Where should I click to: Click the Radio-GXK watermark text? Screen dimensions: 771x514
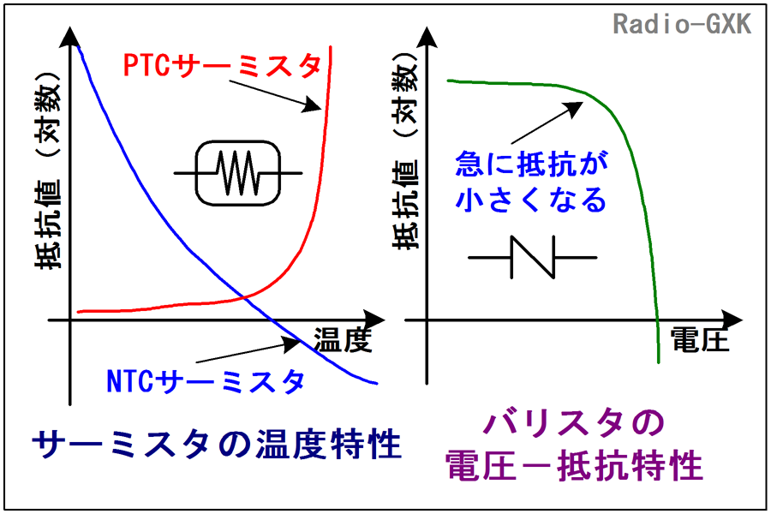(683, 24)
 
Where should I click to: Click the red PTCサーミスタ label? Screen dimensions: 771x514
(222, 65)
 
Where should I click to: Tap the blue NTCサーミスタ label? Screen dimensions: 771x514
(206, 381)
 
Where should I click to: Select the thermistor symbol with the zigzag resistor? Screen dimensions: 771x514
(238, 173)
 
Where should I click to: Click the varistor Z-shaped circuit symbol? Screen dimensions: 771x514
(533, 257)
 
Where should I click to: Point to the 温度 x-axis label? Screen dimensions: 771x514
(343, 339)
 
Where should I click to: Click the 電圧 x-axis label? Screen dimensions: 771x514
(699, 339)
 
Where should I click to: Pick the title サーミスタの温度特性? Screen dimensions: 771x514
(217, 444)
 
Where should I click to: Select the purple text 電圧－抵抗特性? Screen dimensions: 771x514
(574, 466)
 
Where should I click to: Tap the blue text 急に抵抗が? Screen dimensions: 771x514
(531, 164)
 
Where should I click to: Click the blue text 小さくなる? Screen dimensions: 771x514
(531, 199)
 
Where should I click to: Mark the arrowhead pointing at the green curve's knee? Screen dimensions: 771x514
(574, 109)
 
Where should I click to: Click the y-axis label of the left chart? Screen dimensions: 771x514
(48, 170)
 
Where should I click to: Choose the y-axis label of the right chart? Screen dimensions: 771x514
(405, 151)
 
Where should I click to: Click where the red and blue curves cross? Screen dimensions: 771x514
(244, 296)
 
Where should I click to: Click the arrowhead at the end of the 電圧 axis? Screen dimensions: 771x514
(732, 320)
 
